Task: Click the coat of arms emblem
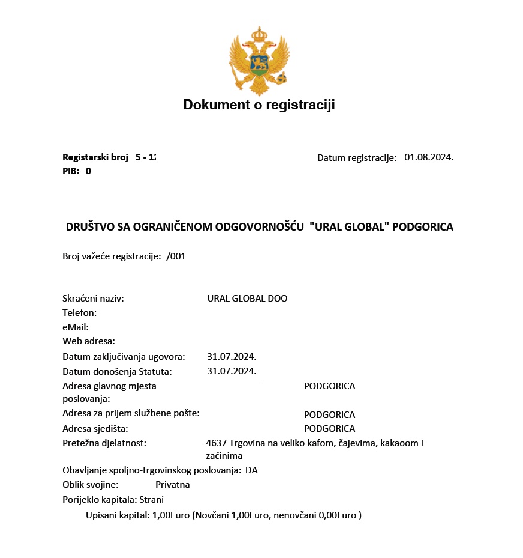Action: pyautogui.click(x=259, y=61)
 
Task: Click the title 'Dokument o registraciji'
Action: pyautogui.click(x=259, y=105)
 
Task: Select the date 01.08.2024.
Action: pyautogui.click(x=429, y=157)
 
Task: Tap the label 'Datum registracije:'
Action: pyautogui.click(x=357, y=158)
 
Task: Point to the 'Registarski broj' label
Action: pyautogui.click(x=95, y=157)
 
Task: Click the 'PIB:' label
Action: pyautogui.click(x=71, y=171)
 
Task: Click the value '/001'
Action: pyautogui.click(x=176, y=256)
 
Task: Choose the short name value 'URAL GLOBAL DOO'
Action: pyautogui.click(x=247, y=298)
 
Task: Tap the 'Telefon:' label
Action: pyautogui.click(x=79, y=312)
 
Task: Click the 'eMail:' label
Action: pyautogui.click(x=76, y=327)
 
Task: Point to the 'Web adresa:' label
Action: pyautogui.click(x=89, y=341)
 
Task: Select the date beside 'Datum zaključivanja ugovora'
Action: pyautogui.click(x=232, y=356)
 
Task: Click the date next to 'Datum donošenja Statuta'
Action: pyautogui.click(x=232, y=371)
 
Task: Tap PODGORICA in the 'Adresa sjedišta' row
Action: pyautogui.click(x=329, y=429)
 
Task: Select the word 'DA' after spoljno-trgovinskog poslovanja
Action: pyautogui.click(x=251, y=470)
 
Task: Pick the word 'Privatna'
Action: pyautogui.click(x=172, y=484)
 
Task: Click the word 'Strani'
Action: pyautogui.click(x=152, y=499)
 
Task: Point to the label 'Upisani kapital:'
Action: pyautogui.click(x=118, y=515)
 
